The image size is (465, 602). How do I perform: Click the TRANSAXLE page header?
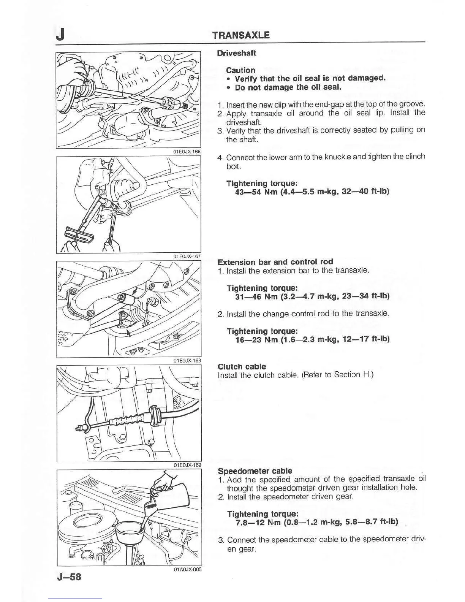point(241,35)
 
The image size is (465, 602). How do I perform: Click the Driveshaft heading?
point(236,53)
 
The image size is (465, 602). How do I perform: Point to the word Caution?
point(240,70)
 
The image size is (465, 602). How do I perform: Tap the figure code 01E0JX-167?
point(187,257)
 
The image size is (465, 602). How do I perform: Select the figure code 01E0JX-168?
point(187,360)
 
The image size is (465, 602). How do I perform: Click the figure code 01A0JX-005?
point(187,569)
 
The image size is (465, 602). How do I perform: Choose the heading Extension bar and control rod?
point(275,262)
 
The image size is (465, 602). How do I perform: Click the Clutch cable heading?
point(242,367)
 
